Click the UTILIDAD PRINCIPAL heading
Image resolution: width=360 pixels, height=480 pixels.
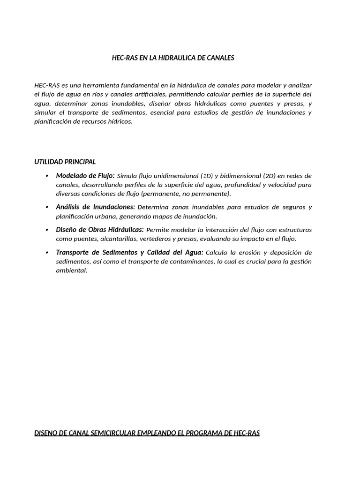[65, 162]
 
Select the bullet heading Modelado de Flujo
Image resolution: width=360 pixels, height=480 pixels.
[85, 176]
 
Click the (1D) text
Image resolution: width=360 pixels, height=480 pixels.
[206, 176]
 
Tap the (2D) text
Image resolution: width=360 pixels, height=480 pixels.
[269, 176]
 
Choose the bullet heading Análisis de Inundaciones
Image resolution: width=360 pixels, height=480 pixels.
[95, 207]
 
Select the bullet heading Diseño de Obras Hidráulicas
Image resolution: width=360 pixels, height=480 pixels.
[99, 230]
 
